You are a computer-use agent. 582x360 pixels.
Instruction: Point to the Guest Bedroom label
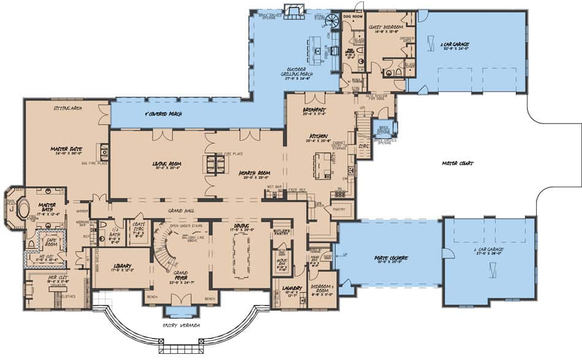pos(385,28)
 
